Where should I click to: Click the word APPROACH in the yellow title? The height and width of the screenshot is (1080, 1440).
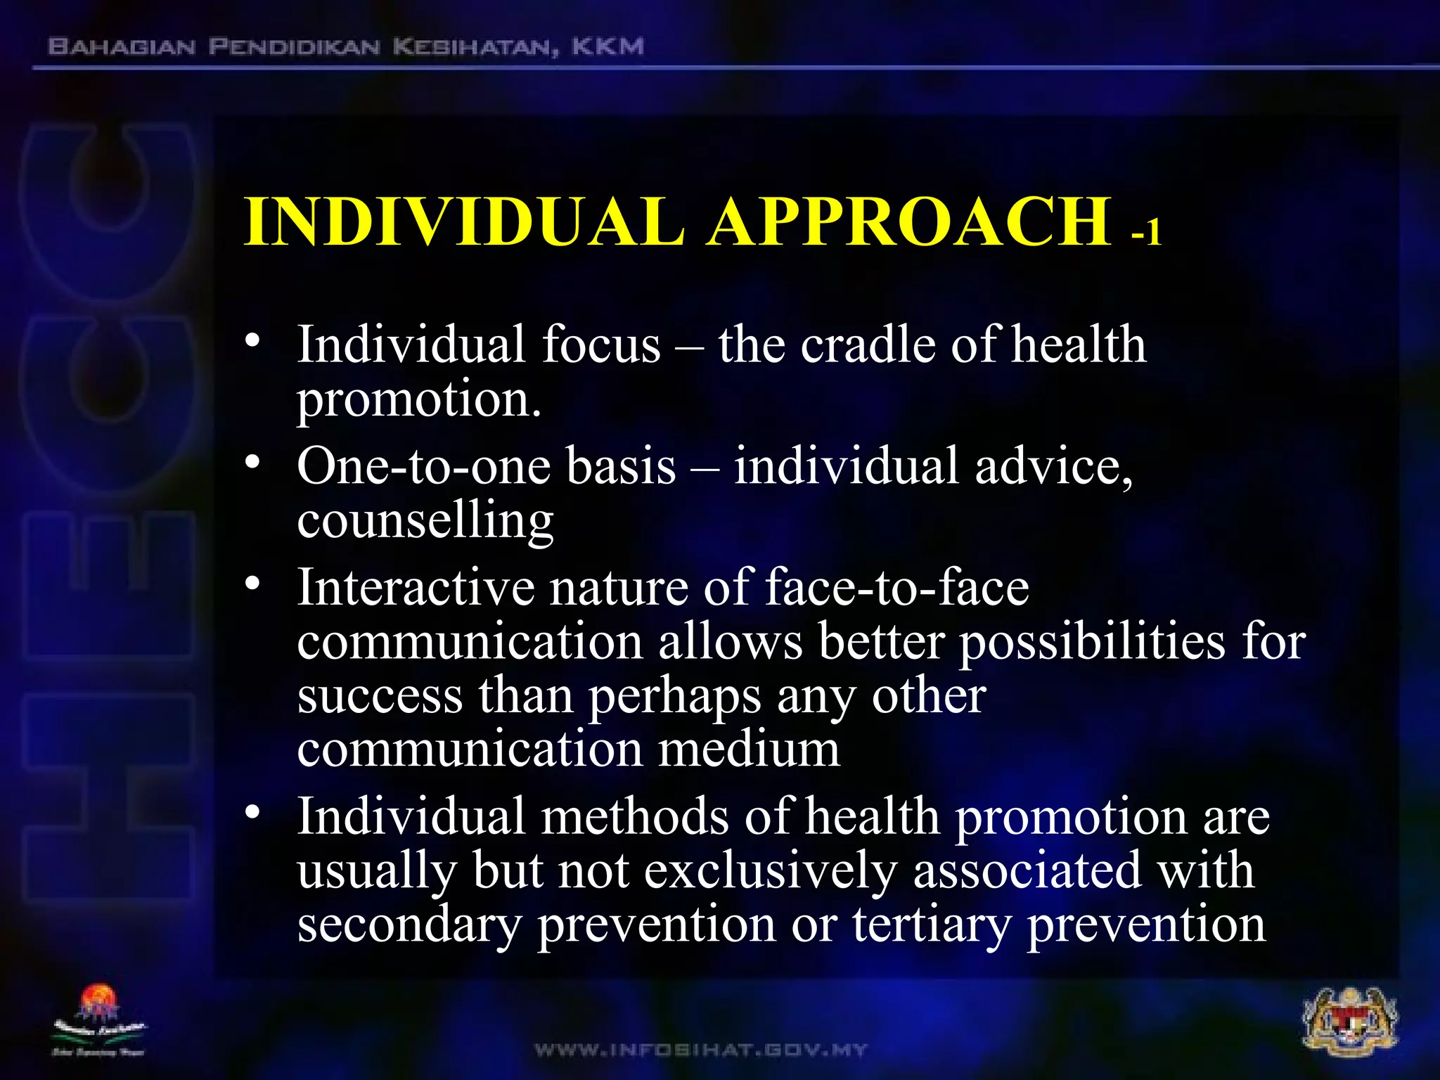910,221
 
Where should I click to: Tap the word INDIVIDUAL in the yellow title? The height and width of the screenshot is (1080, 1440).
464,221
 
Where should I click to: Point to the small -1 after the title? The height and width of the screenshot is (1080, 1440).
1146,231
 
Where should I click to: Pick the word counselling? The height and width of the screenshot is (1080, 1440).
425,521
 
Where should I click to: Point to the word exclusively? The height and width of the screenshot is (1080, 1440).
771,870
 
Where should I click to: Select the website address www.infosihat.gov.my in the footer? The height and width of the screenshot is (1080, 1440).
701,1050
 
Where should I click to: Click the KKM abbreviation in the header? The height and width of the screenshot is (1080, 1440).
607,47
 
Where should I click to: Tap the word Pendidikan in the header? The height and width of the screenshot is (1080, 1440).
295,47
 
